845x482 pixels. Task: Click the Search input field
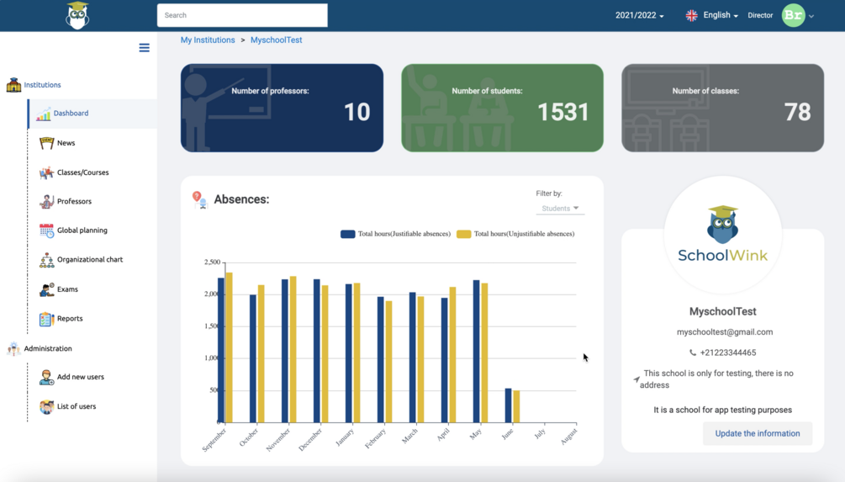(242, 15)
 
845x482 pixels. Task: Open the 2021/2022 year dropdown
(639, 15)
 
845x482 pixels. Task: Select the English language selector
(713, 15)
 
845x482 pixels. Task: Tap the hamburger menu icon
(145, 48)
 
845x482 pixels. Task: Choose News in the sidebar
(66, 143)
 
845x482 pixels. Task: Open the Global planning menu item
(82, 230)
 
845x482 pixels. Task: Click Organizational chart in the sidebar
(89, 260)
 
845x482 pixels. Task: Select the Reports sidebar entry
(69, 319)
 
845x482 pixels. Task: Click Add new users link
(80, 377)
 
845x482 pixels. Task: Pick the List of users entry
(76, 406)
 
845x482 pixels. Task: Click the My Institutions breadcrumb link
(208, 40)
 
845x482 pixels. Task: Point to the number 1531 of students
(562, 112)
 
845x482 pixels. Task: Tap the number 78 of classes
(797, 112)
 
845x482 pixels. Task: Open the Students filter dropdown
(560, 209)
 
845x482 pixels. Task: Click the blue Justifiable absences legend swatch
(347, 234)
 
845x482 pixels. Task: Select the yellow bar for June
(516, 406)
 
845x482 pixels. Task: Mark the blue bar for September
(221, 350)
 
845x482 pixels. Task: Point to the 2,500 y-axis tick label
(212, 262)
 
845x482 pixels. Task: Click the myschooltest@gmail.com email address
(724, 332)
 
